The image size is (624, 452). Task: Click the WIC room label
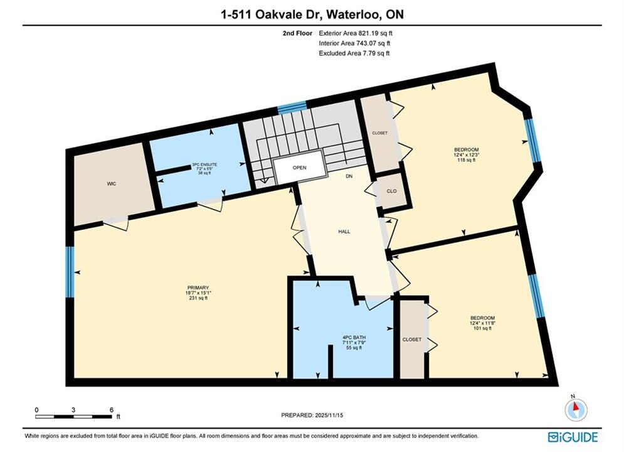(112, 183)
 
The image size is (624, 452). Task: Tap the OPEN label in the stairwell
(300, 168)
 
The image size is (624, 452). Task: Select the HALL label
(344, 232)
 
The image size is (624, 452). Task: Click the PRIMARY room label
(198, 288)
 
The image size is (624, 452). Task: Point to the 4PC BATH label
(354, 337)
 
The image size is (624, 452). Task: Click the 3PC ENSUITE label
(204, 164)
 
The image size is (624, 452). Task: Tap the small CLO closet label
(391, 191)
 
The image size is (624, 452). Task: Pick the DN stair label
(349, 176)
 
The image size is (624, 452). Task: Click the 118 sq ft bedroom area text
(467, 159)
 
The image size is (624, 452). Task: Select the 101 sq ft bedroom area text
(482, 328)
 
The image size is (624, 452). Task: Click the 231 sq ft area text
(198, 298)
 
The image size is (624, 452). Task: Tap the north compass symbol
(576, 408)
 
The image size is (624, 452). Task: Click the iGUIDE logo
(573, 437)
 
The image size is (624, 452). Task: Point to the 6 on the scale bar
(112, 410)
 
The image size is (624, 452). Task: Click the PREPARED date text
(312, 415)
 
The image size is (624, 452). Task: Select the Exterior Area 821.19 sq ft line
(356, 33)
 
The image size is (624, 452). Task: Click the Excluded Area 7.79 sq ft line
(354, 53)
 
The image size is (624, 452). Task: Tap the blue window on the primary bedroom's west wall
(70, 272)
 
